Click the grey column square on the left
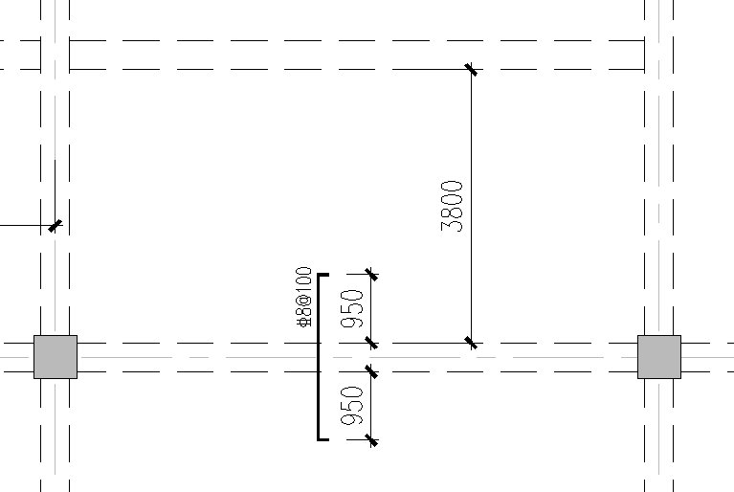tap(56, 357)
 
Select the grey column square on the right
tap(659, 357)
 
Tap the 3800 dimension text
tap(452, 207)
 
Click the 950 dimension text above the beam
tap(352, 308)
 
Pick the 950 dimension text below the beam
tap(352, 406)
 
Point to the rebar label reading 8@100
tap(304, 297)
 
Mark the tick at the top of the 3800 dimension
tap(472, 69)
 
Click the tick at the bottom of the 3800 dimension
tap(472, 343)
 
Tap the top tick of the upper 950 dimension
tap(370, 275)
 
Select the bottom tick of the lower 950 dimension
tap(370, 440)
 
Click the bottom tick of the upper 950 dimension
tap(370, 343)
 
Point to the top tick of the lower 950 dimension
tap(370, 371)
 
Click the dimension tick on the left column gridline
tap(55, 226)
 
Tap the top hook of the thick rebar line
tap(323, 275)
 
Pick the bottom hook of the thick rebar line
tap(323, 439)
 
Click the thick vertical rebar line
tap(319, 357)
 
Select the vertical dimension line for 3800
tap(472, 206)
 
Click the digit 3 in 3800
tap(452, 227)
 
